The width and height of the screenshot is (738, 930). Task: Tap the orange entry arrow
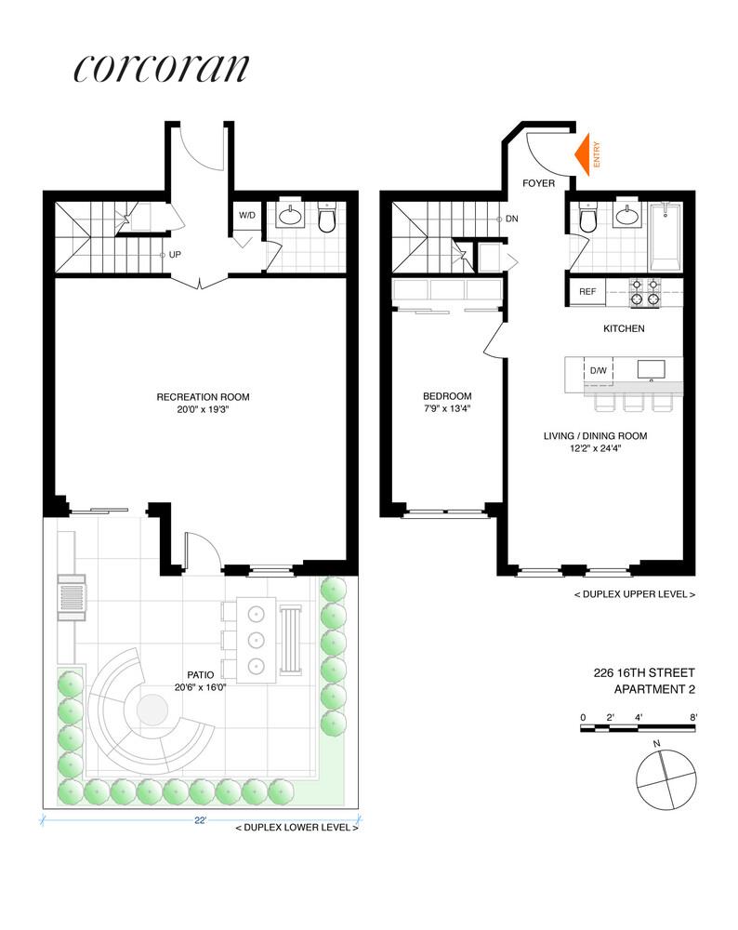586,153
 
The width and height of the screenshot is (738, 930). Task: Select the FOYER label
538,183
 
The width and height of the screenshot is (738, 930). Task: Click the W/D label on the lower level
247,215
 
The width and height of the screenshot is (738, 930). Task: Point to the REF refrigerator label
587,291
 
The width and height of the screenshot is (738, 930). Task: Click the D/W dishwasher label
599,371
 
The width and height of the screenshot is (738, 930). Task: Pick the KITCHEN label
624,328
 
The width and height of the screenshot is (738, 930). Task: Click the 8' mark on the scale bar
693,716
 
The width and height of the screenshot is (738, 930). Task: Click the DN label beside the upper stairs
512,219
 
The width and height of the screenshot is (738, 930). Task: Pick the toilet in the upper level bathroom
587,220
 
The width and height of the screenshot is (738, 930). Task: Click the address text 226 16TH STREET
644,672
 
